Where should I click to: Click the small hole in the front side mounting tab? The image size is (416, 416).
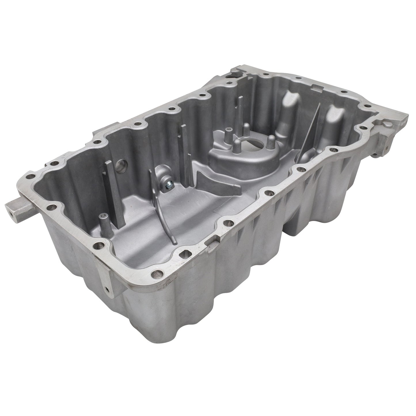point(108,289)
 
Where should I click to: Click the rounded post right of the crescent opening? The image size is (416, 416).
point(270,141)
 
